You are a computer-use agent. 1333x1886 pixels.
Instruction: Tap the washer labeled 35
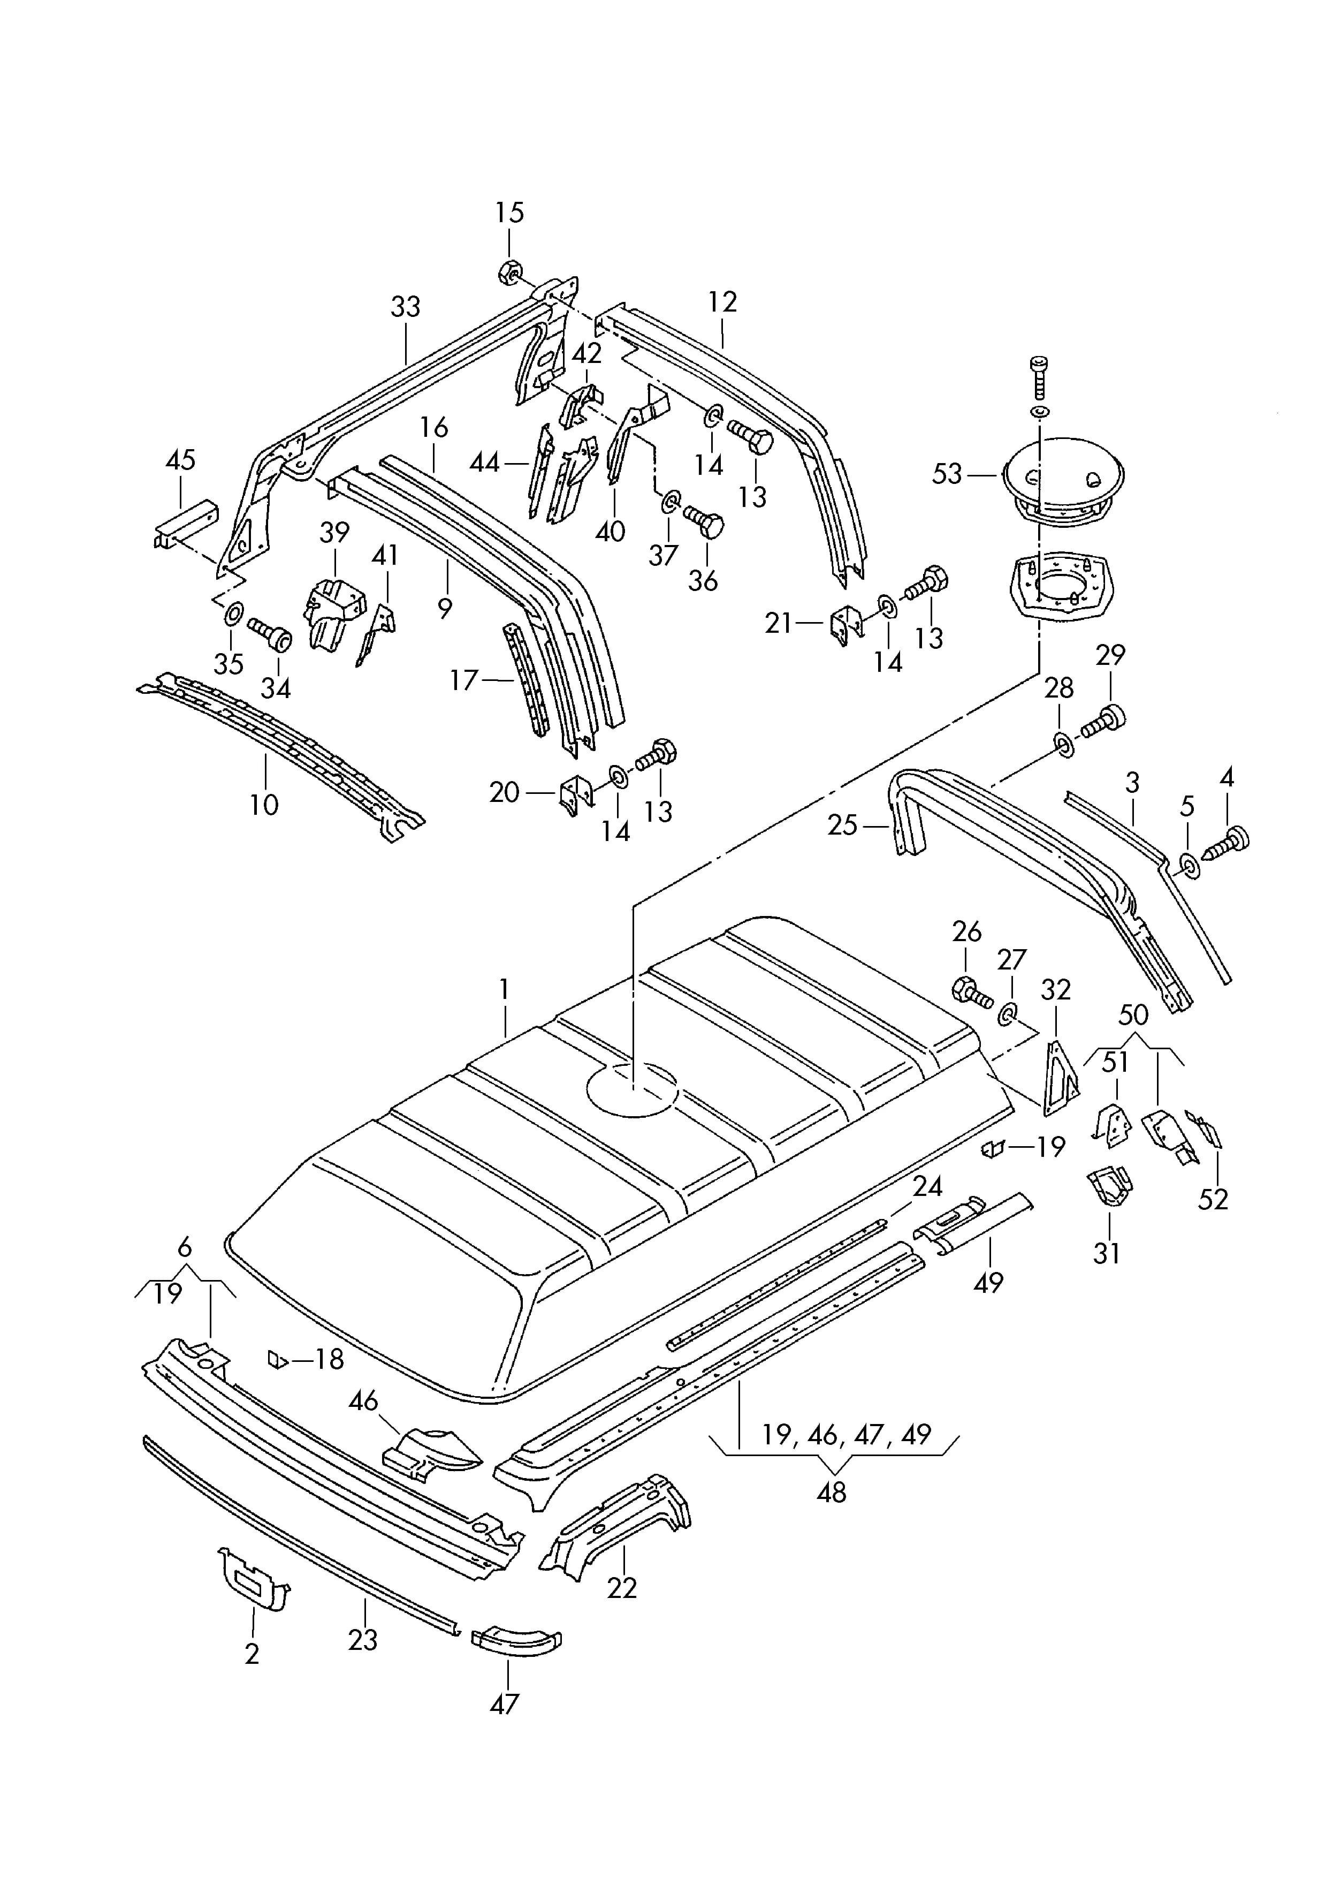point(232,613)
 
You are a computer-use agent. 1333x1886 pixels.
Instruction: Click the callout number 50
point(1133,1016)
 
